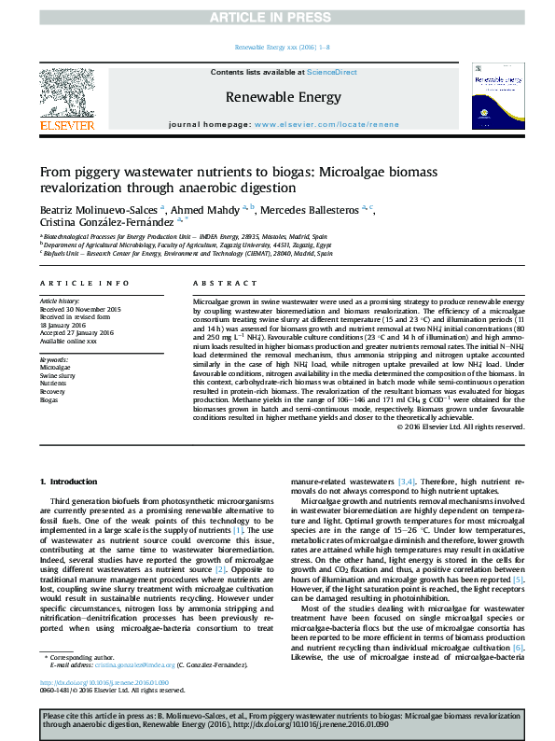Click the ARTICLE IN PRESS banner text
277,18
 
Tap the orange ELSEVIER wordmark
66,125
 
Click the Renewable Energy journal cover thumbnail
497,96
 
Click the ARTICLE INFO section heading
84,283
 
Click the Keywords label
54,359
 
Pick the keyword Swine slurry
58,376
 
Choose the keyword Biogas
49,399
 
